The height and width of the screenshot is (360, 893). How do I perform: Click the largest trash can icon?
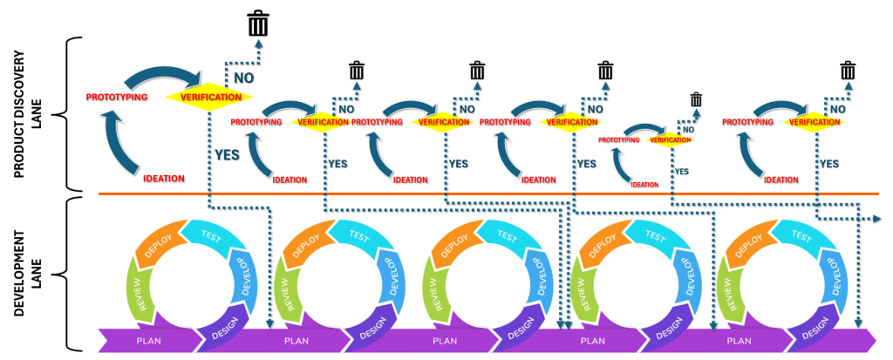tap(258, 24)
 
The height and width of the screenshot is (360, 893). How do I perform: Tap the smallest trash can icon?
tap(695, 99)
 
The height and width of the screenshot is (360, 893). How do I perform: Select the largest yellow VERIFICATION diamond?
tap(209, 97)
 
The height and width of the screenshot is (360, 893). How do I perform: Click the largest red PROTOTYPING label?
tap(118, 95)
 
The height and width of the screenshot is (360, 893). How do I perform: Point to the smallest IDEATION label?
tap(644, 184)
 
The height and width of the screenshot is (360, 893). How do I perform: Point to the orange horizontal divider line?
tap(488, 194)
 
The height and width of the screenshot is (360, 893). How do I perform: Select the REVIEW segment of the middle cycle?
tap(432, 287)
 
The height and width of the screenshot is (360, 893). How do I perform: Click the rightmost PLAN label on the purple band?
tap(740, 340)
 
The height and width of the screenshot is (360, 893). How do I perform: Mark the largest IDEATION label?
tap(164, 179)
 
